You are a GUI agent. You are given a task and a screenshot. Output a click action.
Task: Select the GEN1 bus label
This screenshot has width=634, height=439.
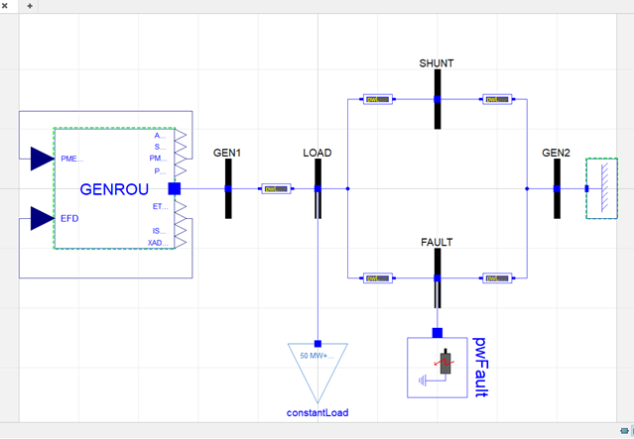coord(227,153)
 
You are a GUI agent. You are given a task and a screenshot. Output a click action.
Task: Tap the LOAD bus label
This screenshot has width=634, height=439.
coord(317,153)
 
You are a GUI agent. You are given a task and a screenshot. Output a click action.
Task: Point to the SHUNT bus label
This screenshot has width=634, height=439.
coord(437,63)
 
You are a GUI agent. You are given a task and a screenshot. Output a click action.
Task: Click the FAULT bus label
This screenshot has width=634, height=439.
coord(437,242)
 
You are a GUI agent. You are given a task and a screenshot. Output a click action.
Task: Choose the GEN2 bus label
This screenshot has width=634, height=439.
coord(556,153)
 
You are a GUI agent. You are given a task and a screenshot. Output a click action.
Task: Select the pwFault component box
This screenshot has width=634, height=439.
coord(437,367)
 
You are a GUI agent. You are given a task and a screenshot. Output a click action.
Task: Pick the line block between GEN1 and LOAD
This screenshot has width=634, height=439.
coord(275,188)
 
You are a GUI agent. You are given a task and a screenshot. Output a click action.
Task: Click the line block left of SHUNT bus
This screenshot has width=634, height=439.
coord(377,99)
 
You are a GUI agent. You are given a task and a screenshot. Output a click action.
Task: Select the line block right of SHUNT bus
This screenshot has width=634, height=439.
coord(495,99)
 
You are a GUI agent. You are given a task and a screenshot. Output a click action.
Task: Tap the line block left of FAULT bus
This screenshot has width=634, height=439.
coord(377,277)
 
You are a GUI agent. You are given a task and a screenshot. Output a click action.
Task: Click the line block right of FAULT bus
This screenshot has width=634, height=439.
coord(495,277)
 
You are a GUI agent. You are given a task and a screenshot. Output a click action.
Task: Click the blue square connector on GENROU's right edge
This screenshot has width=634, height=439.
coord(175,188)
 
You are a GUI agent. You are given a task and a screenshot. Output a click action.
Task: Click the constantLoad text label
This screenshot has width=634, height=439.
coord(317,412)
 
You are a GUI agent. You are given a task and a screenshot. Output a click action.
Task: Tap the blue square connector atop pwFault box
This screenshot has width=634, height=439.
coord(437,332)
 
